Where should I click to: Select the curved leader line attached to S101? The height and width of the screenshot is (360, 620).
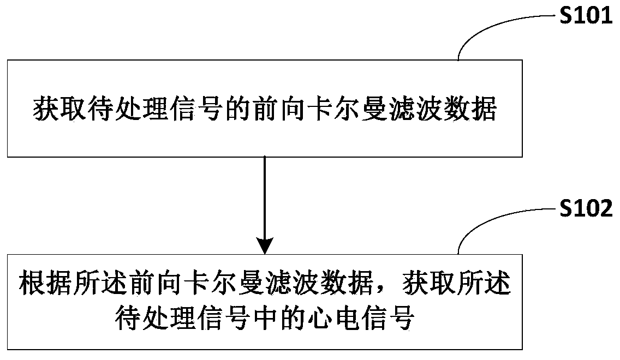(x=491, y=27)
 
